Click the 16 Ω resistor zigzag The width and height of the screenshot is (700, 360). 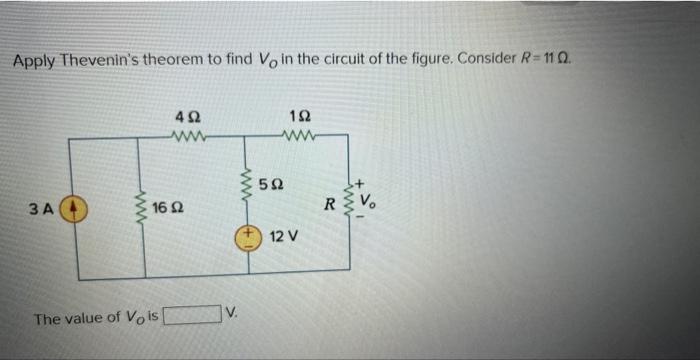145,208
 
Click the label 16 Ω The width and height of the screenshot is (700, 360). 170,208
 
